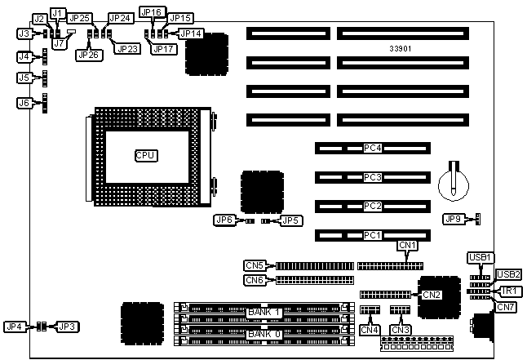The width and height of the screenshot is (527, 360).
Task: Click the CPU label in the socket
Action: [x=146, y=154]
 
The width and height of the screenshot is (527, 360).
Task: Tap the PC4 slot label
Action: [x=373, y=149]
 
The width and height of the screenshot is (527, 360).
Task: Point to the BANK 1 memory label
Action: [x=264, y=312]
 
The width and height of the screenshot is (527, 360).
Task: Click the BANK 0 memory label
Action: [x=264, y=334]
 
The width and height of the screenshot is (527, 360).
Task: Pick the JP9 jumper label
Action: [x=454, y=219]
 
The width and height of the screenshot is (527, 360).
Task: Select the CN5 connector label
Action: [x=255, y=264]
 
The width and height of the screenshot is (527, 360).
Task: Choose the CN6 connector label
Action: [x=255, y=280]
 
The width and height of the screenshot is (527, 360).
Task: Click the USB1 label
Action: [x=480, y=258]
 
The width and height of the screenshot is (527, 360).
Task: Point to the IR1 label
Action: [x=508, y=291]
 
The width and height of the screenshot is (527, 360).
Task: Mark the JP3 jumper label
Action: [x=67, y=327]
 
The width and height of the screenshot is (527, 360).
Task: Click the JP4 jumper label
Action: [x=15, y=327]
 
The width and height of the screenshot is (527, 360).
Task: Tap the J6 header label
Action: [x=24, y=103]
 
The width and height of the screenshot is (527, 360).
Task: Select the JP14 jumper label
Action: [x=191, y=33]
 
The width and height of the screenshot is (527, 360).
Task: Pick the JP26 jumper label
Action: [x=86, y=55]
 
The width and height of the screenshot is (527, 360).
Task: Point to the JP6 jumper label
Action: [x=224, y=220]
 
